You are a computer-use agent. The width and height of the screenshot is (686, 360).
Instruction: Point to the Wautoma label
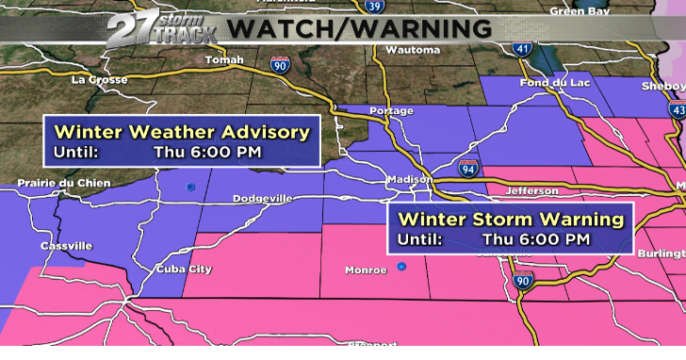point(414,49)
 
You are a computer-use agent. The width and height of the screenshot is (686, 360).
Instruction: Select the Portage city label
point(391,111)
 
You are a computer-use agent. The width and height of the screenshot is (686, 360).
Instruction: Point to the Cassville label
point(67,246)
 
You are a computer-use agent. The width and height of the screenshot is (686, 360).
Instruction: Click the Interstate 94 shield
point(468,170)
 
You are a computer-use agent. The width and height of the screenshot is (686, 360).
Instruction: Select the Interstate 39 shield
point(375,8)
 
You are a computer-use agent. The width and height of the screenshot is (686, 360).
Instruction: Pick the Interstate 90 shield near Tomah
point(278,64)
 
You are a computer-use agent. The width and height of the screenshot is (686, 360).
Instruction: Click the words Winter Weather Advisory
point(182,132)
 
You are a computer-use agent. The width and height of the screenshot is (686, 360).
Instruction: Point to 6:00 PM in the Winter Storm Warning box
point(535,239)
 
